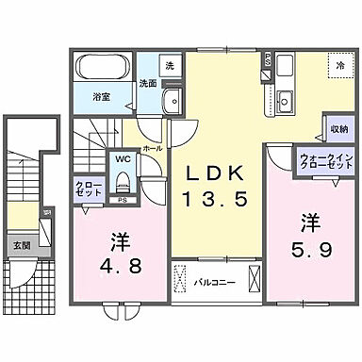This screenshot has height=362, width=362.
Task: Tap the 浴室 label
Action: [x=101, y=95]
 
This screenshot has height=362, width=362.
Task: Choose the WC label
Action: [x=123, y=158]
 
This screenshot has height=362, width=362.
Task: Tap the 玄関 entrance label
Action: [x=20, y=246]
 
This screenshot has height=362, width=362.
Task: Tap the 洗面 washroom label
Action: [x=148, y=83]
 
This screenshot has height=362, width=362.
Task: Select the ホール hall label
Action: [x=151, y=148]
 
